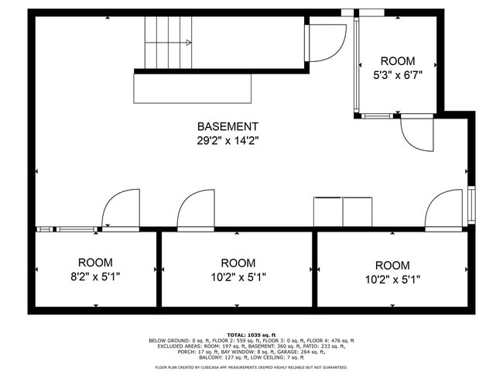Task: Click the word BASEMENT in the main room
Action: pos(228,126)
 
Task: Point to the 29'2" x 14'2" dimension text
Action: pos(228,140)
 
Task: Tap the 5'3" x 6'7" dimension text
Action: pos(397,75)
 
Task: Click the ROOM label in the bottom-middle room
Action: pos(238,263)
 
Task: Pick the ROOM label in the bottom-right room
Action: pos(392,265)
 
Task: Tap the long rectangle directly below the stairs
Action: pos(193,88)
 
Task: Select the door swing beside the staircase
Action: pos(325,43)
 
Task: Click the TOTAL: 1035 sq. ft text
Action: pos(251,334)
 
